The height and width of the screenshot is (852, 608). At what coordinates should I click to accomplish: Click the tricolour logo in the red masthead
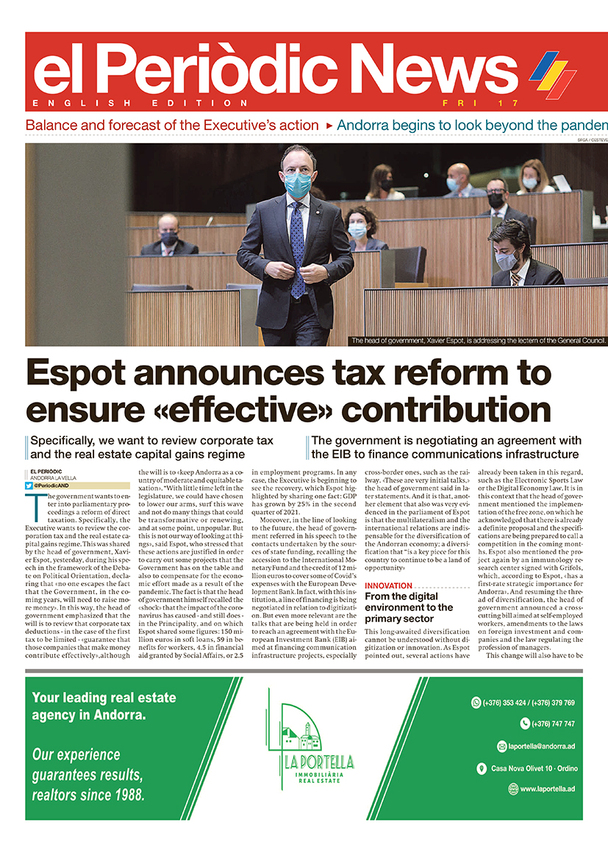click(x=552, y=75)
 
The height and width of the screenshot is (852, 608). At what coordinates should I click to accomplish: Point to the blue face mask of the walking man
click(x=297, y=184)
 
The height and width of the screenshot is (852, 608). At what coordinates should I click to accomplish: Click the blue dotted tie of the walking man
click(x=297, y=250)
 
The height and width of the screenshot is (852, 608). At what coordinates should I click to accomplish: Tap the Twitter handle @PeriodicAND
click(x=56, y=485)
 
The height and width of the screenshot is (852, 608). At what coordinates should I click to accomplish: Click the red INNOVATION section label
click(x=388, y=586)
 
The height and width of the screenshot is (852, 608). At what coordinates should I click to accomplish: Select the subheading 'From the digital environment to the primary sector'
click(x=409, y=607)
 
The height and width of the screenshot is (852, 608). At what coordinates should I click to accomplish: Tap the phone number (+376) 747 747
click(x=547, y=723)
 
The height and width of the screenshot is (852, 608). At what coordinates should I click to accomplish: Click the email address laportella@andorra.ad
click(x=543, y=746)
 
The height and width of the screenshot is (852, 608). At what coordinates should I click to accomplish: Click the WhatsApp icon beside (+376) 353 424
click(x=476, y=703)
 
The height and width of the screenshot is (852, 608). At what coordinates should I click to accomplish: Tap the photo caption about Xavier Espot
click(x=479, y=341)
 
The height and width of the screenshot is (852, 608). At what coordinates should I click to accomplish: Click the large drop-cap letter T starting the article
click(x=32, y=505)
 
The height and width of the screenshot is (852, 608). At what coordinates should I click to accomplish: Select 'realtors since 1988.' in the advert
click(x=88, y=795)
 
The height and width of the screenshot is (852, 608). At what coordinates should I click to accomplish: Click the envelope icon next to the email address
click(x=502, y=746)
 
